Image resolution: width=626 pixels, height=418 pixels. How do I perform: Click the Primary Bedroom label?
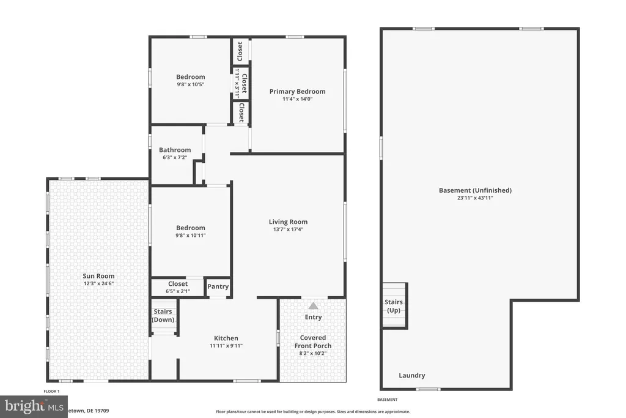tap(297, 91)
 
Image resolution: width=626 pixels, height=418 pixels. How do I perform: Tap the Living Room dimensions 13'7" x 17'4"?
tap(288, 230)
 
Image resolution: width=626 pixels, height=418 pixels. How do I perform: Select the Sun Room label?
tap(98, 276)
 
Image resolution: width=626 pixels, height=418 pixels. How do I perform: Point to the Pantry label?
tap(218, 286)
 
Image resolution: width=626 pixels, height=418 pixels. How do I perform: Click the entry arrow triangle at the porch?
tap(313, 305)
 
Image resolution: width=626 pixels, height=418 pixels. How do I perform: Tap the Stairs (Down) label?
tap(163, 316)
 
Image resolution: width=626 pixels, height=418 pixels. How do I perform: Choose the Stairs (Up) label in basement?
tap(394, 306)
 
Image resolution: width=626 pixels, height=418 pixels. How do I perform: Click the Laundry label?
tap(411, 375)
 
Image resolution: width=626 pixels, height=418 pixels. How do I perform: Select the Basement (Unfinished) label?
tap(475, 190)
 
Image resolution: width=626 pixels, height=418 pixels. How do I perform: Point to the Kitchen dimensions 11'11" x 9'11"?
tap(226, 345)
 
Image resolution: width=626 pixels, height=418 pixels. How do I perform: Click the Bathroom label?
tap(175, 150)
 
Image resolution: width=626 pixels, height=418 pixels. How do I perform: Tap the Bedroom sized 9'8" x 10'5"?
tap(190, 77)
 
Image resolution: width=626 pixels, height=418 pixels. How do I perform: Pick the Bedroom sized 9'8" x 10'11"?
tap(190, 228)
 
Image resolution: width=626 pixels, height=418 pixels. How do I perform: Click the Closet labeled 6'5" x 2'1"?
tap(178, 284)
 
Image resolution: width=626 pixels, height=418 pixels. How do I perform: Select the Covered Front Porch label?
tap(313, 341)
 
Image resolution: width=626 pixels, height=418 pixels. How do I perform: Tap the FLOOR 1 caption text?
tap(51, 391)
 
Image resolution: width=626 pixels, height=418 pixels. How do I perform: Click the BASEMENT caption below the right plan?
tap(388, 400)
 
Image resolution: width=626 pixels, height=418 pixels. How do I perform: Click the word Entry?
tap(313, 317)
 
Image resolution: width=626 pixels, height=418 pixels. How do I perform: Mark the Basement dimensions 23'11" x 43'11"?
tap(475, 198)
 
